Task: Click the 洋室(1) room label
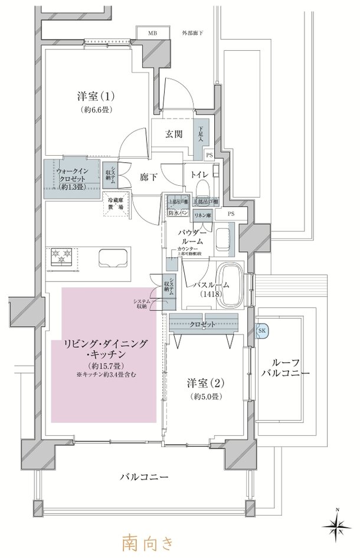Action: point(94,96)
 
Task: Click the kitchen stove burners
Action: point(63,257)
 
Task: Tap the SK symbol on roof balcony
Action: point(262,331)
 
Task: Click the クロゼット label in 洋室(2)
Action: point(203,324)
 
